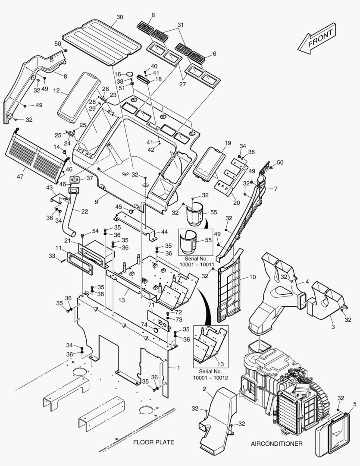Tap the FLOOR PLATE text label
[153, 442]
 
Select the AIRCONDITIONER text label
[276, 444]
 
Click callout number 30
[120, 17]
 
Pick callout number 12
[56, 91]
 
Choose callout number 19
[228, 143]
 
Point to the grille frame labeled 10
[229, 293]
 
